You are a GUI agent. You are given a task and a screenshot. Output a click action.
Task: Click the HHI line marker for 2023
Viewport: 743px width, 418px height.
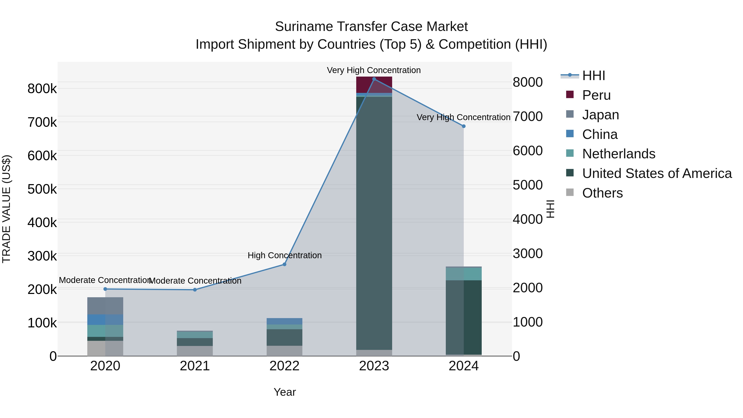pyautogui.click(x=374, y=79)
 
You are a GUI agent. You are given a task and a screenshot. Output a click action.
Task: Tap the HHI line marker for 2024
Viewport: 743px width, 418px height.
pyautogui.click(x=464, y=126)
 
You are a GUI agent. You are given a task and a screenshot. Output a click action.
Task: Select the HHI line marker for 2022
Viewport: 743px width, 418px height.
pyautogui.click(x=284, y=264)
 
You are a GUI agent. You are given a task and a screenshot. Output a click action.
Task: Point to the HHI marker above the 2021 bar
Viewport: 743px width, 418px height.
pyautogui.click(x=195, y=290)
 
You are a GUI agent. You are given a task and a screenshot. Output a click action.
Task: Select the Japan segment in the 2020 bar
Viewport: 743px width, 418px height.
pyautogui.click(x=105, y=306)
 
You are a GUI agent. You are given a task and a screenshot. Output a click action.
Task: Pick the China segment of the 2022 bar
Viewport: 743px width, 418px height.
pyautogui.click(x=284, y=321)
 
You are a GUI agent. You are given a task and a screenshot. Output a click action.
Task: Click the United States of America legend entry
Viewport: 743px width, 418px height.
pyautogui.click(x=657, y=173)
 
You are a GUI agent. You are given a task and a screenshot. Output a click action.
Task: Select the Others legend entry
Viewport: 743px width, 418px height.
pyautogui.click(x=602, y=193)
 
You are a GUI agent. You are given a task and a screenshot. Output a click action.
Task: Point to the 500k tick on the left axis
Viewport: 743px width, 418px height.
pyautogui.click(x=42, y=189)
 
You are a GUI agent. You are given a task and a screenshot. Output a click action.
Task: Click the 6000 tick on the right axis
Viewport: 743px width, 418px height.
pyautogui.click(x=528, y=151)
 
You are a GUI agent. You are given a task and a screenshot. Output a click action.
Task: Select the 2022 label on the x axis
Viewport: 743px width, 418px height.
pyautogui.click(x=284, y=366)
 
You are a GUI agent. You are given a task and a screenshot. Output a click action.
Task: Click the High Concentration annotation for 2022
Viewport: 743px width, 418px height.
pyautogui.click(x=284, y=255)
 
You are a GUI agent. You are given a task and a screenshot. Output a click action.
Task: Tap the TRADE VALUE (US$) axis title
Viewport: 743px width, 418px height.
pyautogui.click(x=6, y=209)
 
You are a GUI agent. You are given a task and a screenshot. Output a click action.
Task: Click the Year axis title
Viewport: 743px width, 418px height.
pyautogui.click(x=284, y=392)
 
